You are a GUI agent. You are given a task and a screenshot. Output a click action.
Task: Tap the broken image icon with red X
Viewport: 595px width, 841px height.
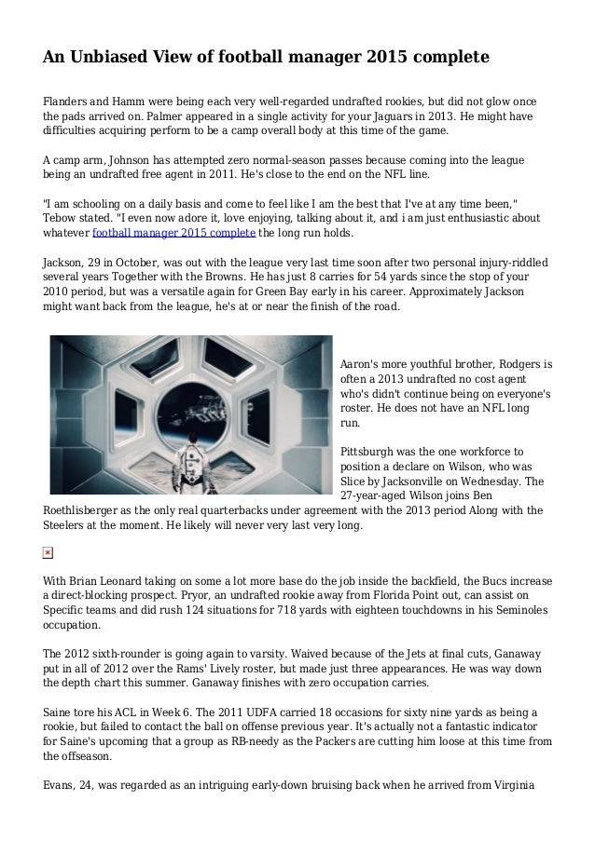pos(48,553)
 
